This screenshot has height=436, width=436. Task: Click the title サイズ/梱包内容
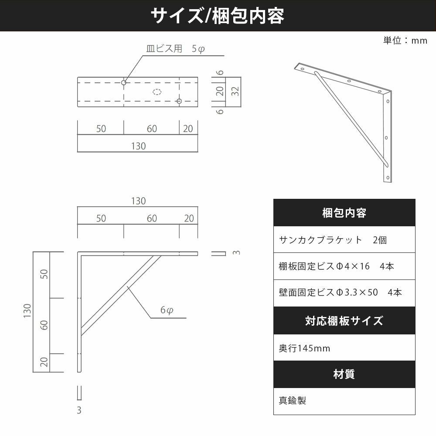(x=218, y=16)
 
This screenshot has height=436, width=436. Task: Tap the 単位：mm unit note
(x=405, y=41)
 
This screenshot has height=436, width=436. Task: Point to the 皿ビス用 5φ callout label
(x=175, y=49)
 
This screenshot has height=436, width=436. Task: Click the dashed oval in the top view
(x=157, y=92)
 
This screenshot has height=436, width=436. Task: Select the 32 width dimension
(x=235, y=91)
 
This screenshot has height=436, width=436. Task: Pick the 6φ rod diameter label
(x=167, y=310)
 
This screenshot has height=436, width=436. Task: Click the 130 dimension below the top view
(x=139, y=146)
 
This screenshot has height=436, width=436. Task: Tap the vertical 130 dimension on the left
(x=27, y=311)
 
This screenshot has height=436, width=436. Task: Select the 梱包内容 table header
(x=344, y=213)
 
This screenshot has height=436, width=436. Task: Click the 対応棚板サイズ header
(x=344, y=320)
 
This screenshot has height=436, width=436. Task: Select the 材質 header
(x=344, y=374)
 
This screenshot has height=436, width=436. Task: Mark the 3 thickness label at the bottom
(x=79, y=410)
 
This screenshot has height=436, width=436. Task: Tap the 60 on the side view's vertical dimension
(x=44, y=325)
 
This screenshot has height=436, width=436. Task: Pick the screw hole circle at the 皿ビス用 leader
(x=124, y=82)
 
